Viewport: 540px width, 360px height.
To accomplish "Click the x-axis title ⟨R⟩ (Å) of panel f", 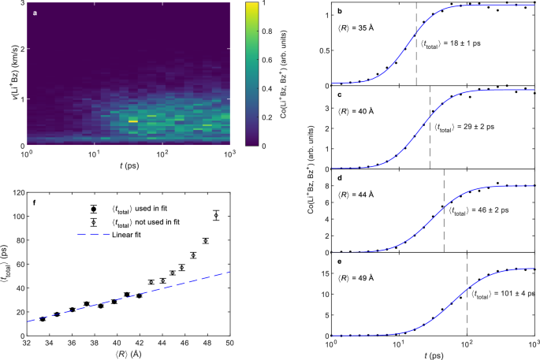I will pos(128,354).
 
